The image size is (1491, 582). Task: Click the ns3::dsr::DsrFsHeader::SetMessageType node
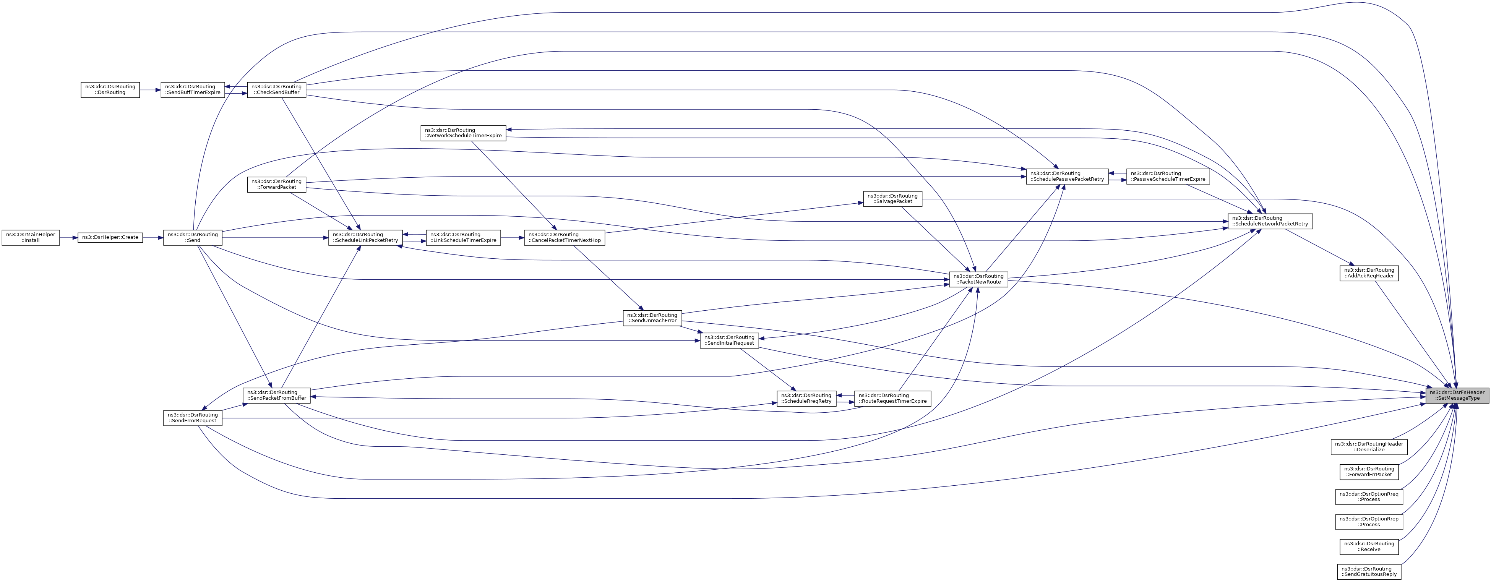click(1456, 395)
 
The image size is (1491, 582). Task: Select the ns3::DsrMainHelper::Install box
click(31, 237)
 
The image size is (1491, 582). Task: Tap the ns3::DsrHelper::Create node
click(110, 237)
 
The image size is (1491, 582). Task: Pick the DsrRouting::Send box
click(193, 237)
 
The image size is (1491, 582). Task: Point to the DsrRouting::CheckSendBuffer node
click(276, 90)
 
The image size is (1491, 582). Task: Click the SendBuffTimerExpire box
click(193, 90)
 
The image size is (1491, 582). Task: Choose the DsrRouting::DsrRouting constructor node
click(110, 90)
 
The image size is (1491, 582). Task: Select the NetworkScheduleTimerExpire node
click(463, 133)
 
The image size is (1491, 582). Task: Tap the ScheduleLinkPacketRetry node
click(366, 237)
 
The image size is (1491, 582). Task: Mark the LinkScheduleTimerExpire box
click(463, 237)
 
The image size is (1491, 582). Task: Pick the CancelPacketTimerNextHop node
click(565, 237)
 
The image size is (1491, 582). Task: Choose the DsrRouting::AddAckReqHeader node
click(1369, 273)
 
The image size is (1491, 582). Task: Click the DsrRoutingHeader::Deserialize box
click(1369, 447)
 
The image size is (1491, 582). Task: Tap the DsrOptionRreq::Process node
click(1369, 497)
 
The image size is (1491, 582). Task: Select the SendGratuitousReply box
click(1369, 572)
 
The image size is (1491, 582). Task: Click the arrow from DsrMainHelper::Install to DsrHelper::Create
click(69, 237)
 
